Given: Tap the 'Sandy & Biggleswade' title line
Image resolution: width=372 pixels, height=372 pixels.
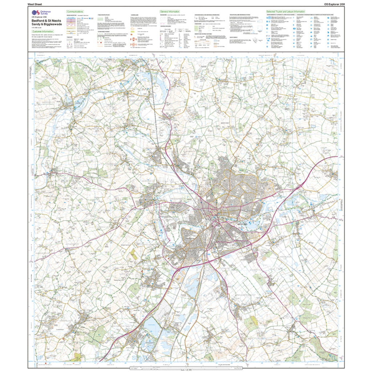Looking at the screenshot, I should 46,25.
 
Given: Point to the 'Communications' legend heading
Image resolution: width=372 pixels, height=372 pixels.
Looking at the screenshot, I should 75,12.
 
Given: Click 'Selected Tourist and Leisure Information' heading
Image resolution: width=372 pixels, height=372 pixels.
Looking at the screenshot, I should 286,12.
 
